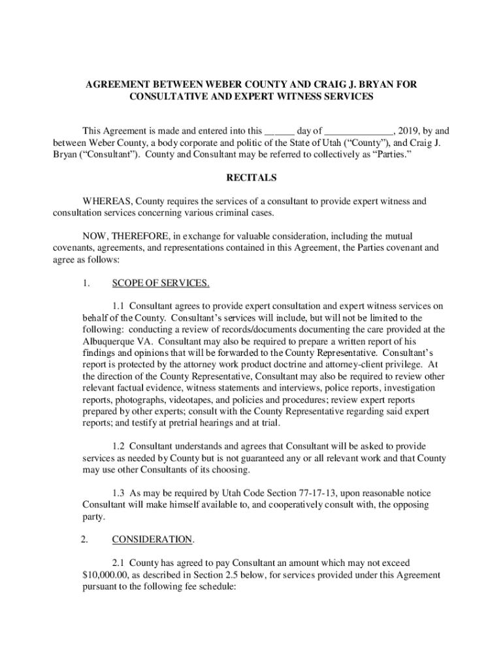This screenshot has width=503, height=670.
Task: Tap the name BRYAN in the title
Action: (379, 85)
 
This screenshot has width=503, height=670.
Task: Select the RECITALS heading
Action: (251, 178)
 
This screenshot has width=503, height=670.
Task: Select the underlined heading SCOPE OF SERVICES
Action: (161, 283)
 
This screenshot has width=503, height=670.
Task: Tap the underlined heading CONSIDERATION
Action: (153, 540)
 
